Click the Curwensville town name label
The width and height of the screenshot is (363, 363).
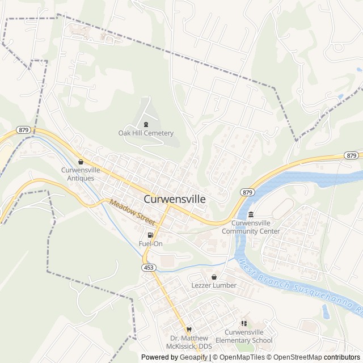175,200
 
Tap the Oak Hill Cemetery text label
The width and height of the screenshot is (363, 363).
146,133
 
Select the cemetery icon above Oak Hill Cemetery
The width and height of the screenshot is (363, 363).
146,124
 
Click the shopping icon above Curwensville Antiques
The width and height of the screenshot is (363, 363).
81,162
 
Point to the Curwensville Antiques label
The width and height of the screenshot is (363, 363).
81,174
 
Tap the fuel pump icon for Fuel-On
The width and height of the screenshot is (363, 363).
150,235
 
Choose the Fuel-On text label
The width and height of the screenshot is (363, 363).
150,244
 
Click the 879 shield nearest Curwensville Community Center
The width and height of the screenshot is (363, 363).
247,192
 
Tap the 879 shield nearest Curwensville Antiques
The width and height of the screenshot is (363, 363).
23,130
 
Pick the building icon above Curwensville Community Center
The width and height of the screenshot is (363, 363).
251,214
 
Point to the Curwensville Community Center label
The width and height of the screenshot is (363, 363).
251,227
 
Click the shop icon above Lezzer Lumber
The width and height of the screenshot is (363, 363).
214,276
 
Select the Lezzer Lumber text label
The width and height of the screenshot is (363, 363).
214,285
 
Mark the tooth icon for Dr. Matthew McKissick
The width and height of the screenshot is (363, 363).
189,330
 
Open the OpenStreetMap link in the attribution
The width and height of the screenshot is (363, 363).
294,357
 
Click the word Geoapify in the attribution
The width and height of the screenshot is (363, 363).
193,357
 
